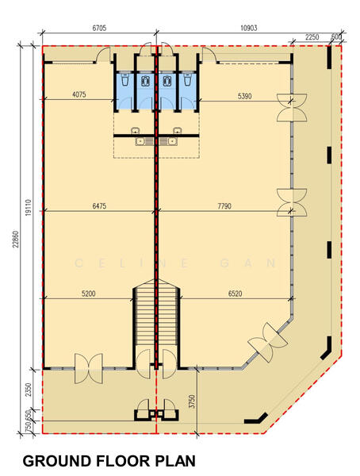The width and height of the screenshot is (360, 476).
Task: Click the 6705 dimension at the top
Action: click(99, 28)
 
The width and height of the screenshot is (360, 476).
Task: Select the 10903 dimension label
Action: click(249, 28)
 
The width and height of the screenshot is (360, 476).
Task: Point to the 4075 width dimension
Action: click(79, 94)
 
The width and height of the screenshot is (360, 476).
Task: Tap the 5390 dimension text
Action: click(244, 96)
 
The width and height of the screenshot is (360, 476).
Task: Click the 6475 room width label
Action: click(99, 205)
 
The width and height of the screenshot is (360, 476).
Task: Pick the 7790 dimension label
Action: click(224, 206)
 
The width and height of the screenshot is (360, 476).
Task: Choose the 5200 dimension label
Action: click(89, 294)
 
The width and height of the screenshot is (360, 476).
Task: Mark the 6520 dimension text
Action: click(236, 294)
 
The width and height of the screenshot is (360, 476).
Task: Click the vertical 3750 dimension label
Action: click(192, 401)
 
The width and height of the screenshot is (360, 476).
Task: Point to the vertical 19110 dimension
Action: click(29, 207)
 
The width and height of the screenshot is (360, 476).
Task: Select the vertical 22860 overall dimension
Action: click(16, 240)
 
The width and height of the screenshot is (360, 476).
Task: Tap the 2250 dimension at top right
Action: click(312, 37)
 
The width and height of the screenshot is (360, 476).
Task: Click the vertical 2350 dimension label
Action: click(29, 390)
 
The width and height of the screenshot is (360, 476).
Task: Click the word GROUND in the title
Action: click(57, 461)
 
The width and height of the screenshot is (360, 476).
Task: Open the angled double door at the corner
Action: click(268, 343)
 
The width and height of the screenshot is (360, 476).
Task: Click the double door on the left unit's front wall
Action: click(88, 368)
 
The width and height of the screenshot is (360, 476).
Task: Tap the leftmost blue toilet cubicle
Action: click(124, 90)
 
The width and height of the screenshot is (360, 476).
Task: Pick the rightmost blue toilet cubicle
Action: click(188, 90)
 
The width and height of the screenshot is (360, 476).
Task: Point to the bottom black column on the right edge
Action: click(327, 349)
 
